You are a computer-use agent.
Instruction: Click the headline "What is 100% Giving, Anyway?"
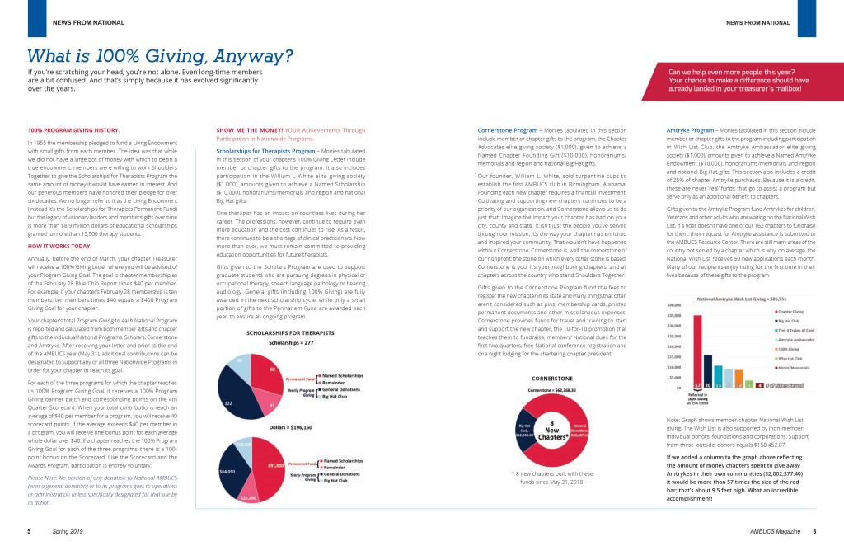tap(161, 56)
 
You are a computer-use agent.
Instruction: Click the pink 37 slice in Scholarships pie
tap(271, 407)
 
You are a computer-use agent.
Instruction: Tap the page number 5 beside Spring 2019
tap(30, 531)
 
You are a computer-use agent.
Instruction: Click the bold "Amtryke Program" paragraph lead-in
tap(689, 130)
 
